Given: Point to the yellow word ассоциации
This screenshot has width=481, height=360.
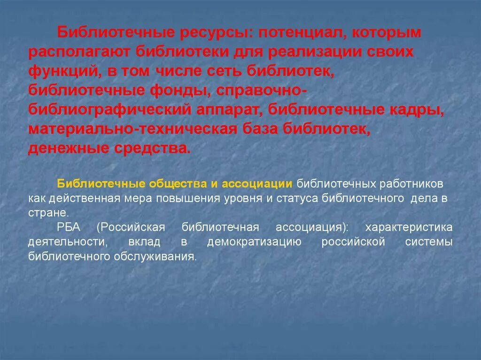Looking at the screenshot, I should [256, 183].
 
